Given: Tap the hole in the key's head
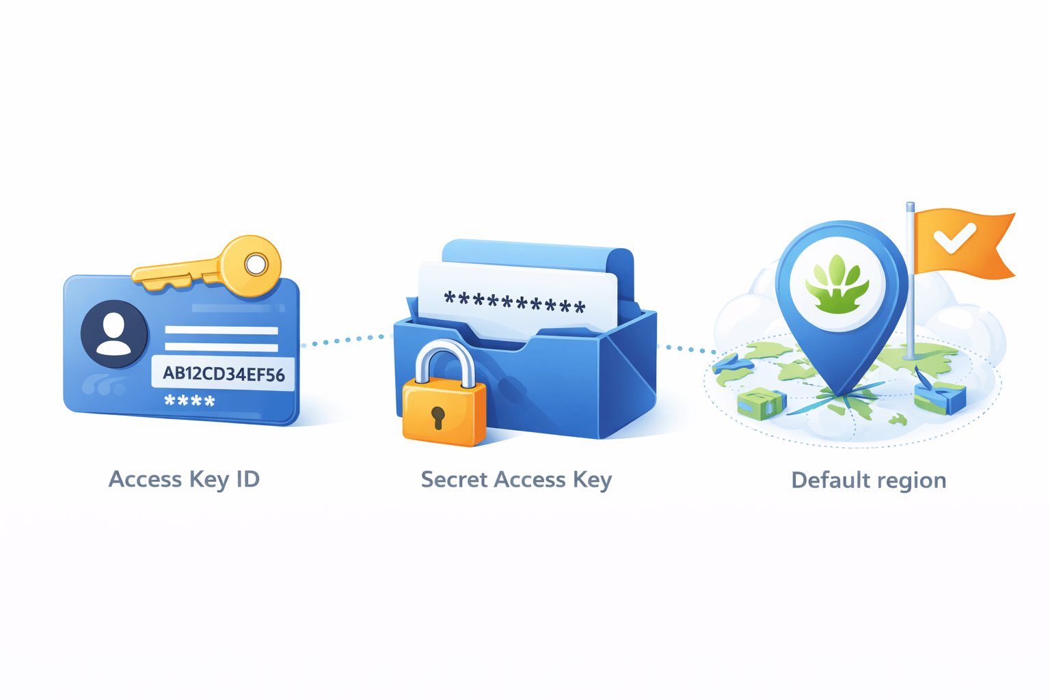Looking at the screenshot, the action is click(x=256, y=264).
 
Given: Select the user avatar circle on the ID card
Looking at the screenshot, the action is click(x=113, y=334).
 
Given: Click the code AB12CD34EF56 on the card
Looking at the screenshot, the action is click(x=224, y=374).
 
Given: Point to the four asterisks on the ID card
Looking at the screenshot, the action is click(x=189, y=401).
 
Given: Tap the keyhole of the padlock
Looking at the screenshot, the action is click(x=438, y=416).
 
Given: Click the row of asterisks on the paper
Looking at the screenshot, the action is click(x=514, y=301).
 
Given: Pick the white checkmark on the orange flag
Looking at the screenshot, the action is click(x=954, y=239).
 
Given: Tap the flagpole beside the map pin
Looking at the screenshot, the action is click(x=910, y=287).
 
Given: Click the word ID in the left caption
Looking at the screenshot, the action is click(x=247, y=479).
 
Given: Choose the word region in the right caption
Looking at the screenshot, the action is click(x=911, y=481).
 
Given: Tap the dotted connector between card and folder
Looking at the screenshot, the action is click(x=345, y=340).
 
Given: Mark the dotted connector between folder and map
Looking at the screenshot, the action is click(x=686, y=349).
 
